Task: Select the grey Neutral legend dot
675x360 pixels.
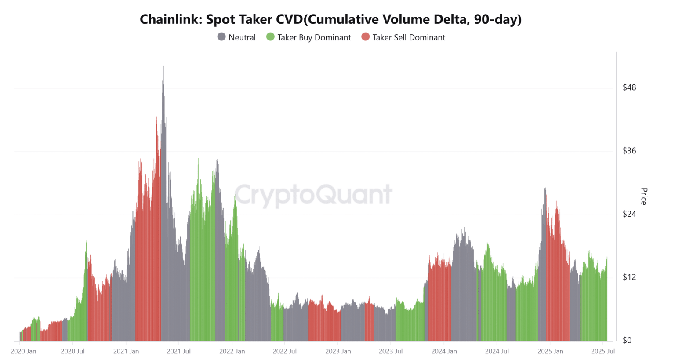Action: point(221,37)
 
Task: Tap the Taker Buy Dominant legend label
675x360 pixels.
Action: point(314,38)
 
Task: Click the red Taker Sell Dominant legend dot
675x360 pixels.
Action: point(365,37)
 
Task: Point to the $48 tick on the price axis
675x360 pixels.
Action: point(629,87)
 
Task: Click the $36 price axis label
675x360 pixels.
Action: point(629,151)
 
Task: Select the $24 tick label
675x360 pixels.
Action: point(629,214)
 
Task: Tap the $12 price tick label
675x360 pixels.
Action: point(629,277)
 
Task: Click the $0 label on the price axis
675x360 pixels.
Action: point(627,341)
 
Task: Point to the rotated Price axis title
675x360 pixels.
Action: point(644,196)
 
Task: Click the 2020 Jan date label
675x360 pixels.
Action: point(23,351)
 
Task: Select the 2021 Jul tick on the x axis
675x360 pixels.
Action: point(178,351)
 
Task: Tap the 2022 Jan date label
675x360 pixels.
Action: point(232,351)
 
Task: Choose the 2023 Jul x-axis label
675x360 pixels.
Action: point(391,351)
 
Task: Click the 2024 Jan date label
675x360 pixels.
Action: point(444,351)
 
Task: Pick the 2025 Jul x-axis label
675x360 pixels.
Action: point(603,351)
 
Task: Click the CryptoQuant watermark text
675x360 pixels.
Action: point(313,194)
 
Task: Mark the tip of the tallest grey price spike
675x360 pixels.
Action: point(163,67)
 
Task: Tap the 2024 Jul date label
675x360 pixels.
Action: point(497,351)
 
